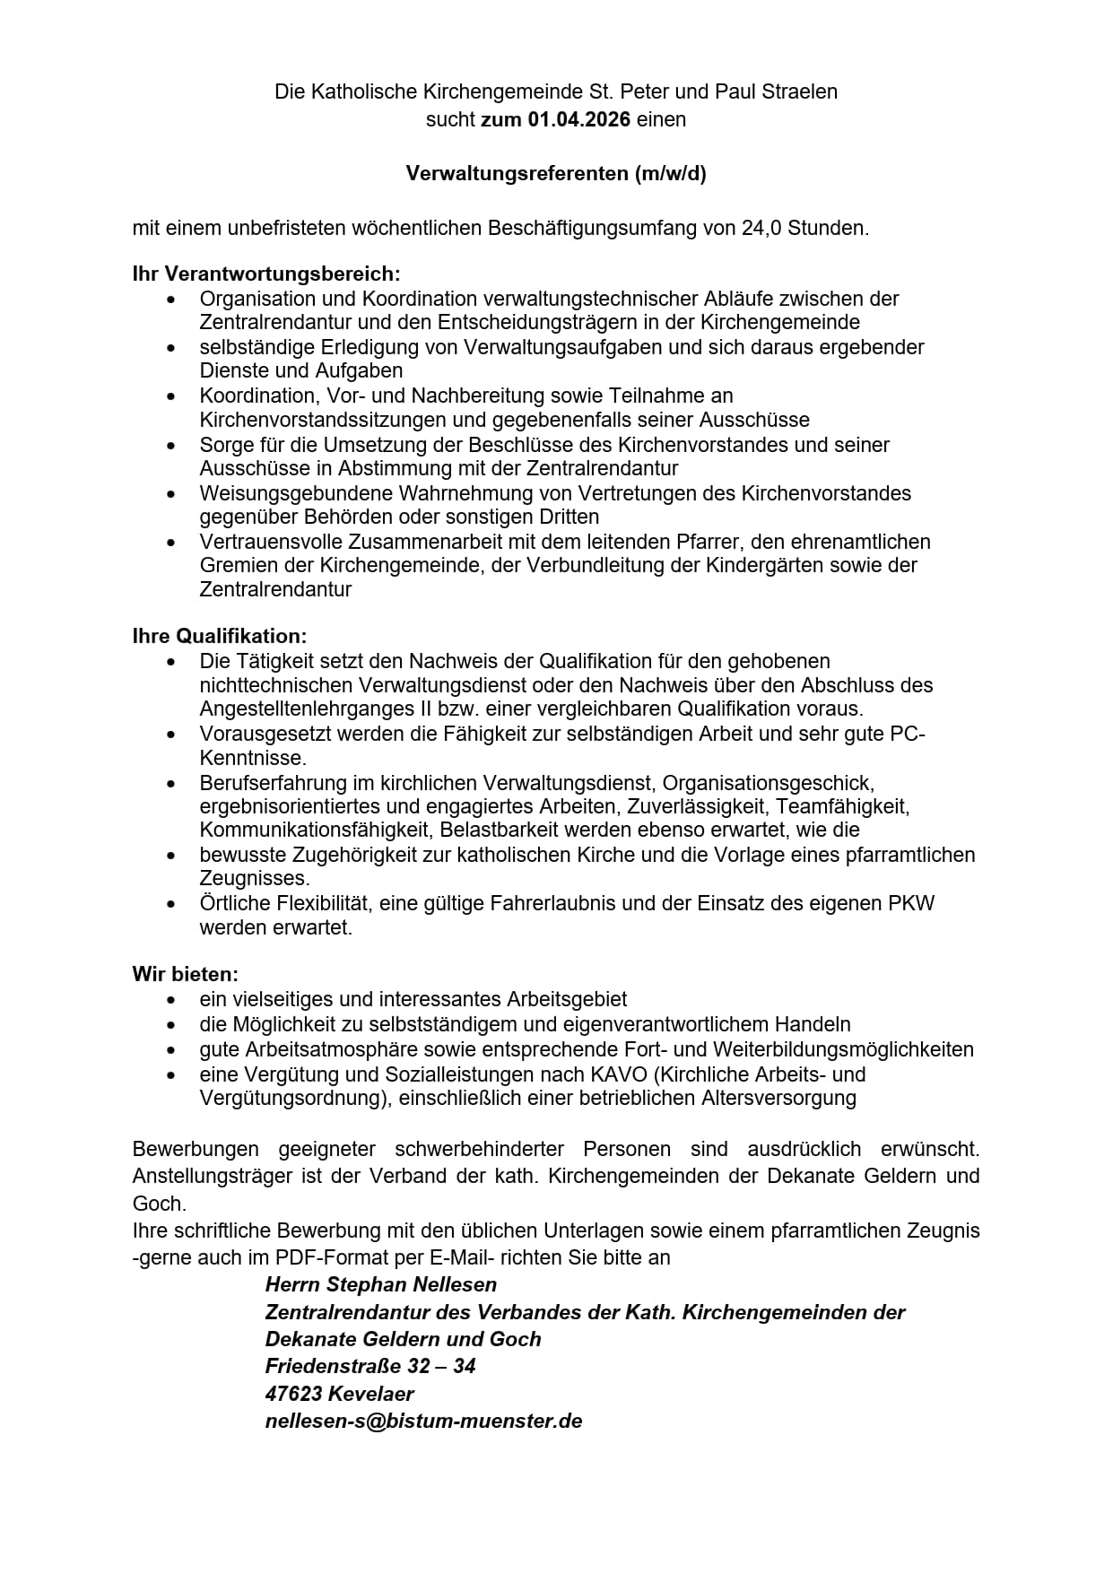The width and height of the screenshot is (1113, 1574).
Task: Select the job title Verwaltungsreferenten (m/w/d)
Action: coord(556,174)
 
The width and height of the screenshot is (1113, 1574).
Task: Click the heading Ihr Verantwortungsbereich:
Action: coord(266,274)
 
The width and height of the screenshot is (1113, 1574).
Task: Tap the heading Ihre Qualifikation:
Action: coord(220,636)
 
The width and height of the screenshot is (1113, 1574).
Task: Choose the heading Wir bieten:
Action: coord(186,974)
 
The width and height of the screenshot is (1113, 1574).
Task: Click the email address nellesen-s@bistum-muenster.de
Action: coord(423,1421)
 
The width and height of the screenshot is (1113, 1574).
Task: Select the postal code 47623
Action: coord(293,1394)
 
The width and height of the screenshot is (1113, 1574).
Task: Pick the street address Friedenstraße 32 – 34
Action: coord(370,1366)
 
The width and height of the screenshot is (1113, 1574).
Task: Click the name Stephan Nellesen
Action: coord(412,1284)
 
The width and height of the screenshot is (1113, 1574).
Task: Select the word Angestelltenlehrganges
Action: coord(301,709)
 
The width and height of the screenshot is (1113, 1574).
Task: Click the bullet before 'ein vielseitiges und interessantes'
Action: coord(171,999)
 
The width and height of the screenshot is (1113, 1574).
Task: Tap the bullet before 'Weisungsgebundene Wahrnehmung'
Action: coord(171,493)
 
